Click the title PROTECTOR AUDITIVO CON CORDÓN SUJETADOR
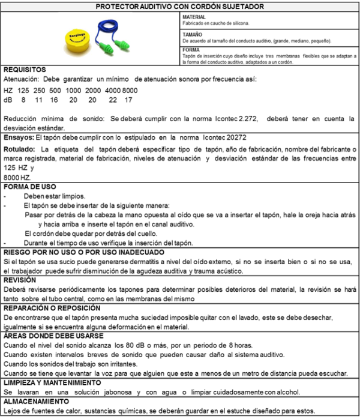point(180,6)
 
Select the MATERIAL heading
point(193,16)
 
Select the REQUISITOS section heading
point(25,70)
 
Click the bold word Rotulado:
point(20,149)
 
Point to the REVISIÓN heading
point(20,279)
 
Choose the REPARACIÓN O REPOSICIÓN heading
point(49,308)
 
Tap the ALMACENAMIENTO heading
point(36,400)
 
